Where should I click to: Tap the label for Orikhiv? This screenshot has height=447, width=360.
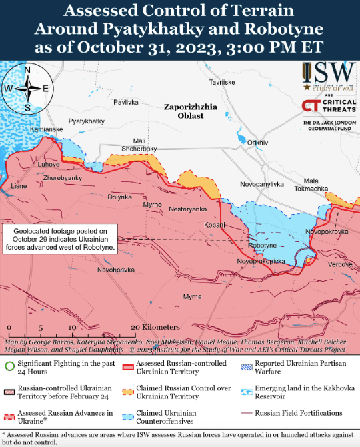coord(257,143)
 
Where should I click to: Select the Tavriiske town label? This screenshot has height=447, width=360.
coord(222,82)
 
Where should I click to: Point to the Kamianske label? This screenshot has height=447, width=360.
coord(47,129)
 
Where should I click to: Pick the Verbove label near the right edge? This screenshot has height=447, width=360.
coord(339,264)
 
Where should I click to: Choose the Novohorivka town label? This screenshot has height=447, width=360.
coord(116,270)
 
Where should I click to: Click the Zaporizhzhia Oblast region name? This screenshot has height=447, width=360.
coord(190,111)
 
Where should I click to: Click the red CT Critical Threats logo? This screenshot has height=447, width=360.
coord(310,106)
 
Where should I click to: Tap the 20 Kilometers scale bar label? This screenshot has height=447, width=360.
coord(155,327)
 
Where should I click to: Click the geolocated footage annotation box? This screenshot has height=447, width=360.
coord(61,238)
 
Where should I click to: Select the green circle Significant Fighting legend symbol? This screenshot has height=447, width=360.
coord(9,366)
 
